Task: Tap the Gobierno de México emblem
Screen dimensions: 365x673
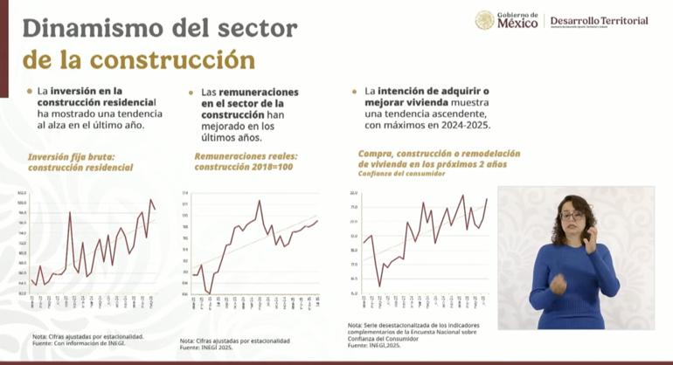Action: coord(484,20)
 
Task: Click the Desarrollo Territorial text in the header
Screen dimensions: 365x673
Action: coord(598,20)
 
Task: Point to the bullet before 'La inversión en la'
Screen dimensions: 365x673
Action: coord(29,90)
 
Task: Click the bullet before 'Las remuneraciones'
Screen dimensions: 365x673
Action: coord(191,92)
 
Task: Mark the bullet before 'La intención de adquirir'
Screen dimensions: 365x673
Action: coord(354,90)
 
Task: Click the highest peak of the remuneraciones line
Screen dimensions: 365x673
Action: coord(259,201)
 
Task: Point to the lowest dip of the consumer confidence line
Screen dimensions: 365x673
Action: coord(379,285)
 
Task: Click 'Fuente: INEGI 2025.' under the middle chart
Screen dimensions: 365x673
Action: coord(211,348)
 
